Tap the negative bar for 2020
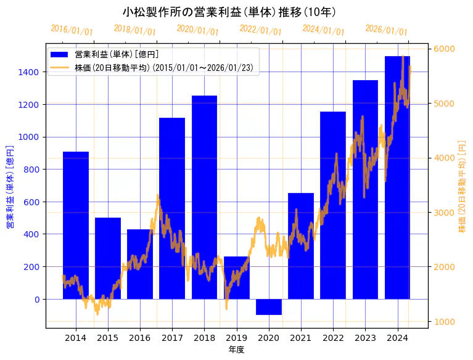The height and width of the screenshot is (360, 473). tap(269, 306)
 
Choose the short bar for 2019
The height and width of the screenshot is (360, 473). tap(237, 277)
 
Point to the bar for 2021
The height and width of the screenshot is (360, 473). tap(301, 246)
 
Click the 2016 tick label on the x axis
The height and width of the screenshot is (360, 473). tap(140, 338)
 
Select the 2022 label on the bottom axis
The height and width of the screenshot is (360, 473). tap(333, 338)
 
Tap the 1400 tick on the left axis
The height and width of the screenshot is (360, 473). tap(30, 72)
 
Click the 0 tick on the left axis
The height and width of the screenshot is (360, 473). tap(37, 299)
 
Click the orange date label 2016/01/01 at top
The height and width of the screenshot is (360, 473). tap(72, 30)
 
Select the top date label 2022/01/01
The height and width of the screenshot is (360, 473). tap(261, 30)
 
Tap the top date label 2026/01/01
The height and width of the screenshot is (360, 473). tap(387, 30)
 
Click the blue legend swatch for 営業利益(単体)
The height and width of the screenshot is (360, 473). tap(60, 54)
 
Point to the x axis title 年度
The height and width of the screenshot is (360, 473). tap(237, 350)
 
